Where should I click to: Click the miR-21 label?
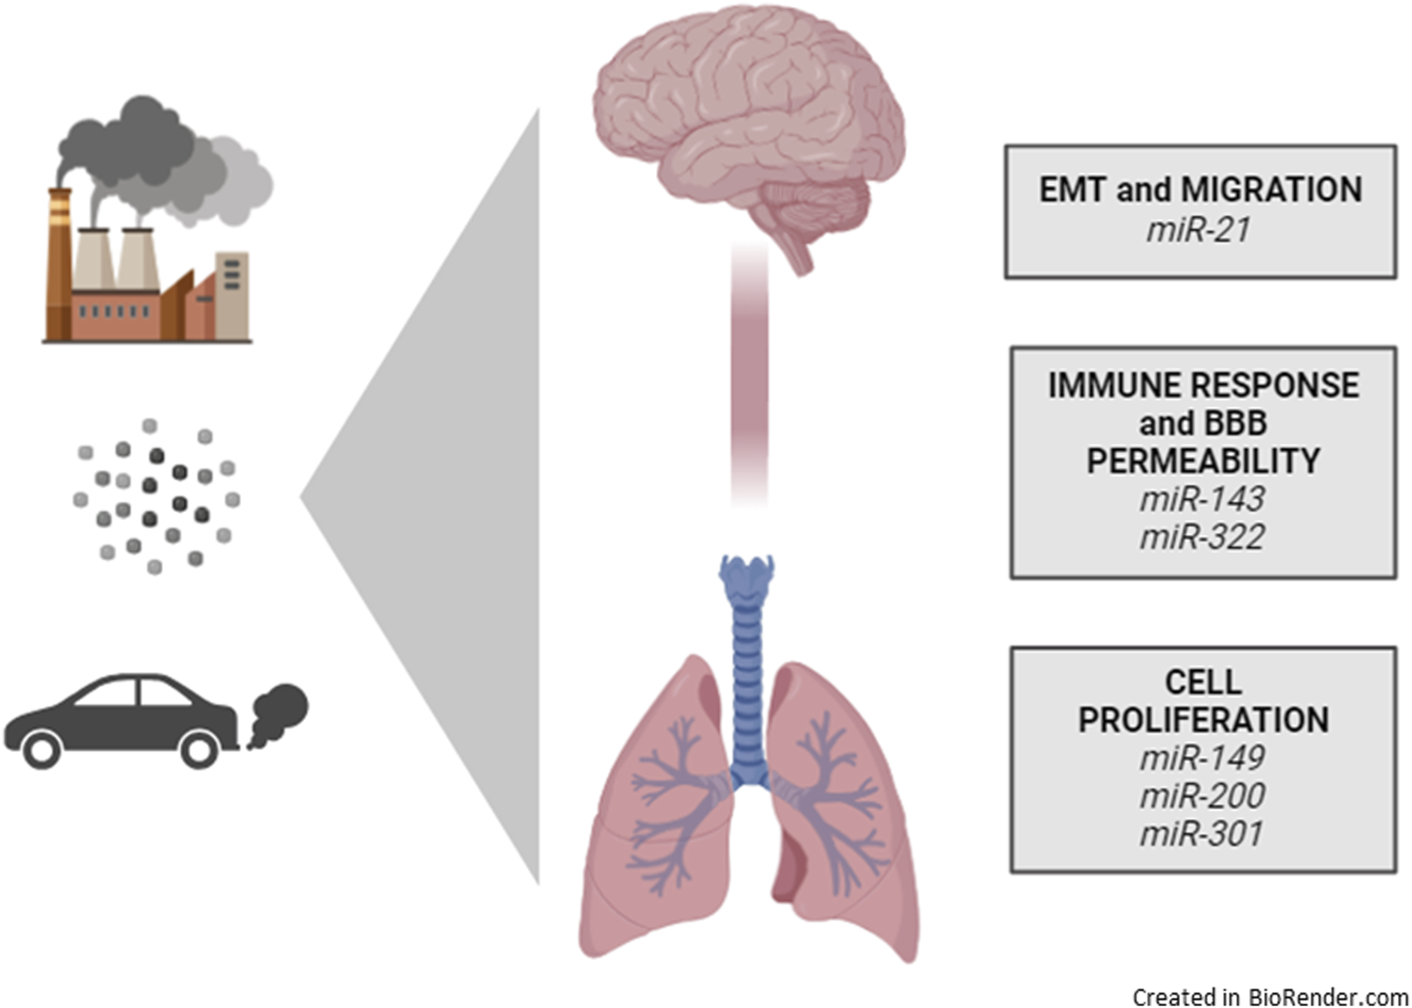coord(1198,230)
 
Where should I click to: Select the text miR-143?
coord(1202,499)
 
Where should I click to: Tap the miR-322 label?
coord(1202,537)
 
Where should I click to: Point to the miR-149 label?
coord(1202,757)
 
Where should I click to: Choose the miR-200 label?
coord(1202,795)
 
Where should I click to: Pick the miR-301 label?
coord(1202,833)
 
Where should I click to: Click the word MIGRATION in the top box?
coord(1271,190)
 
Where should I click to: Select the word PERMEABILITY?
coord(1202,461)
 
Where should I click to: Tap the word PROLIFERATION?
coord(1202,719)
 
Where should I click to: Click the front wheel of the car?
coord(41,750)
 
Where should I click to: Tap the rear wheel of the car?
coord(200,750)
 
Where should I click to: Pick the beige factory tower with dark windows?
coord(232,294)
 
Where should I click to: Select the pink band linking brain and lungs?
coord(749,372)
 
